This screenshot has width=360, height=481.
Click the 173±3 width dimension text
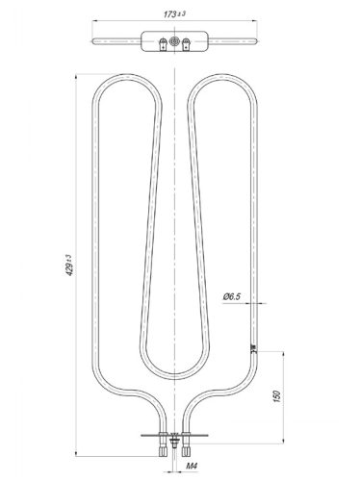coord(174,13)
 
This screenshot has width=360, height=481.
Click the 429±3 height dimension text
coord(69,266)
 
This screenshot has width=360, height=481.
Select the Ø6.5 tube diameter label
coord(232,296)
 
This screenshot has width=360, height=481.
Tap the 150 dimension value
coord(277,396)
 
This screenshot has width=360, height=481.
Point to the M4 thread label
coord(192,466)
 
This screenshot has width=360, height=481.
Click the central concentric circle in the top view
coord(174,41)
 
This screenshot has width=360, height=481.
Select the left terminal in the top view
coord(164,44)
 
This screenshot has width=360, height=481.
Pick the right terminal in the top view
coord(186,44)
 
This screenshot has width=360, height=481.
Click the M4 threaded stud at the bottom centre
coord(174,440)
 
